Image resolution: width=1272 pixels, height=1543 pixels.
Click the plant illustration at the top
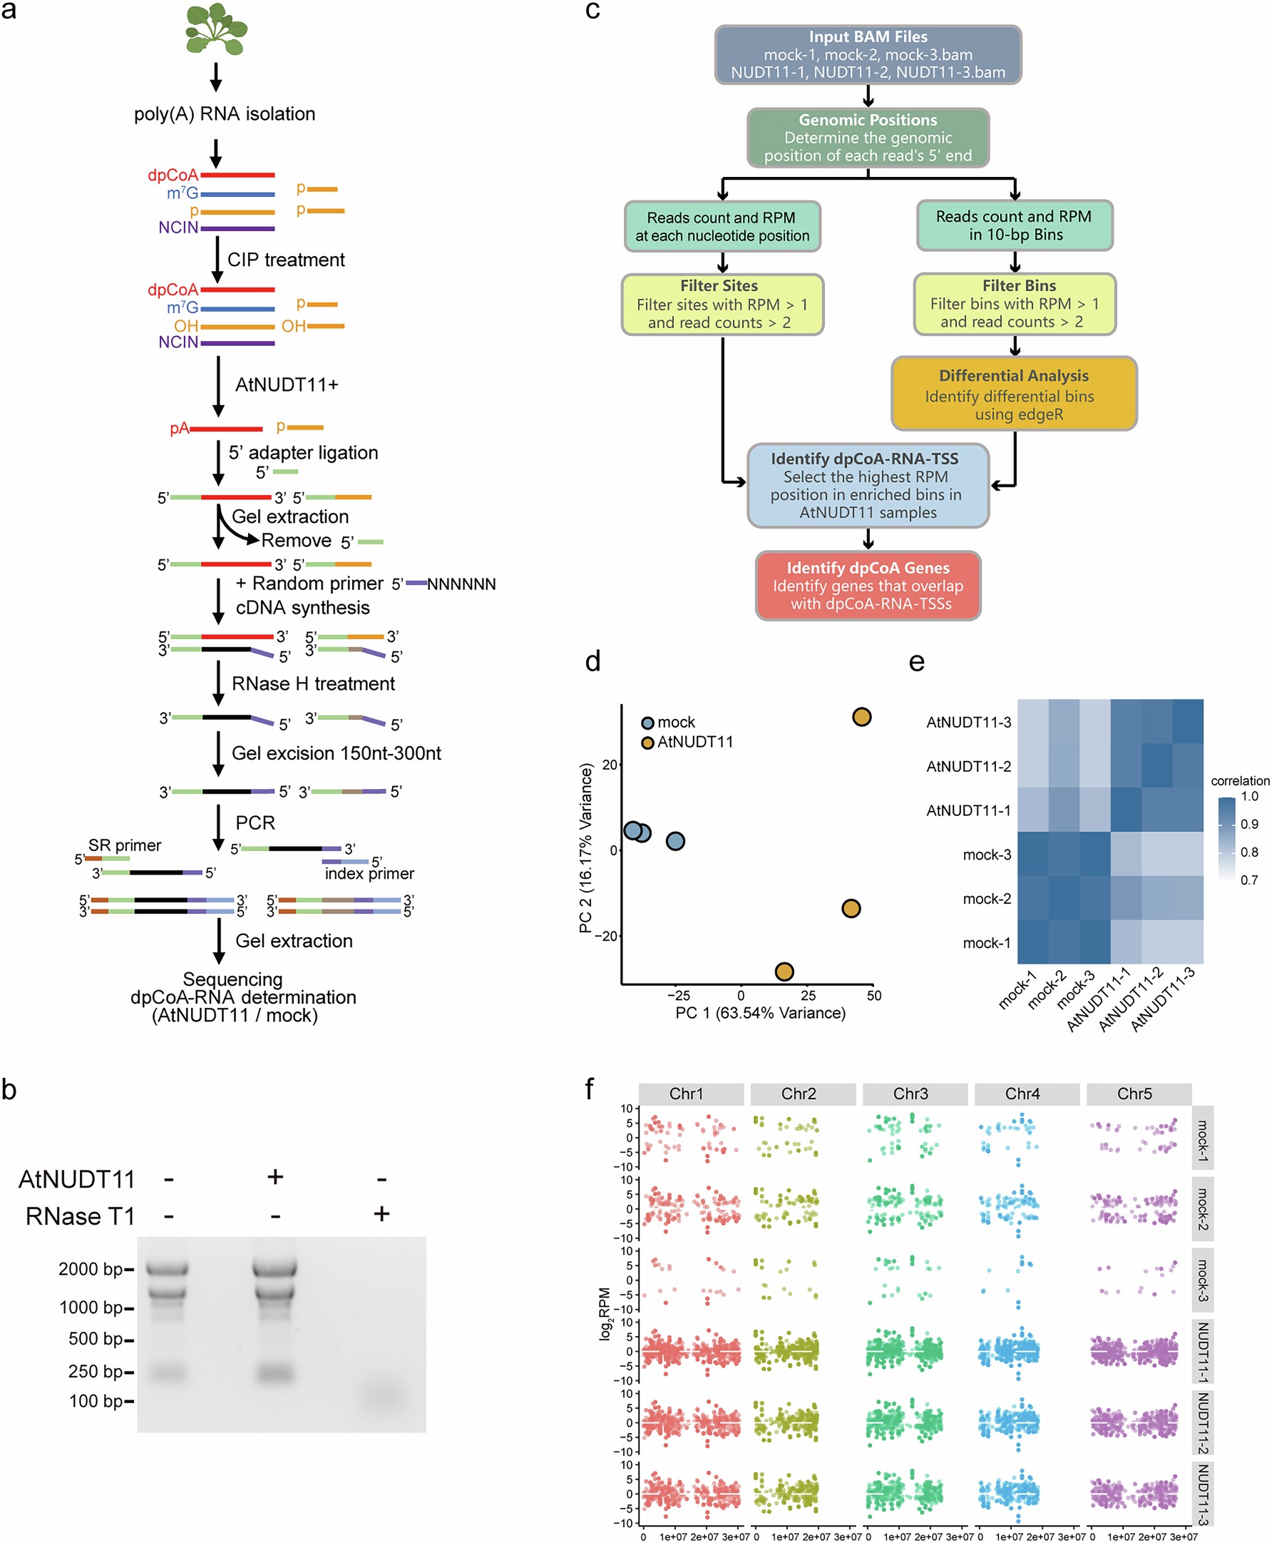[215, 30]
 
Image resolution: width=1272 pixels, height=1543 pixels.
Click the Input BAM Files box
[868, 54]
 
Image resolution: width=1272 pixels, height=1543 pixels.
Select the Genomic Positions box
[868, 137]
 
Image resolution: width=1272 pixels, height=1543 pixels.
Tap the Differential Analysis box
[1013, 394]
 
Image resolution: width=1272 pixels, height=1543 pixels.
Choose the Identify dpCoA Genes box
[868, 585]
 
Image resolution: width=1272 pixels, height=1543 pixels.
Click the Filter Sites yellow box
[722, 304]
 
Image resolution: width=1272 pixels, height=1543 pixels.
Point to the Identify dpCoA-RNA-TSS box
[868, 485]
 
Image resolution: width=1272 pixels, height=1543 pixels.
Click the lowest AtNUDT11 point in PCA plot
[784, 972]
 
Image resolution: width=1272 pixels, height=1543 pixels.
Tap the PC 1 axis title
[760, 1013]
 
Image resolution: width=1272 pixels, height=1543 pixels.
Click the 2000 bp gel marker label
[90, 1269]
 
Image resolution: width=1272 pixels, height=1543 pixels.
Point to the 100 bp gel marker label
[96, 1401]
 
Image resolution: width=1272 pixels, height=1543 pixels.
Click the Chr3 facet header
[910, 1094]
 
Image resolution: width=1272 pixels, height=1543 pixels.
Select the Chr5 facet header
[1134, 1094]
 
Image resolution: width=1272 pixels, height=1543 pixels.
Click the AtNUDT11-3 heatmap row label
[968, 722]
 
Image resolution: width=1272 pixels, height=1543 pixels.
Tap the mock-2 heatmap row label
[986, 899]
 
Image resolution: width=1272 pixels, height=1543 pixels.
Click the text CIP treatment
[286, 260]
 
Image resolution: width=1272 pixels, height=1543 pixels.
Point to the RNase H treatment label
[313, 683]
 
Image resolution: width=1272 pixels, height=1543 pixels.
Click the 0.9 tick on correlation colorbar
[1248, 824]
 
